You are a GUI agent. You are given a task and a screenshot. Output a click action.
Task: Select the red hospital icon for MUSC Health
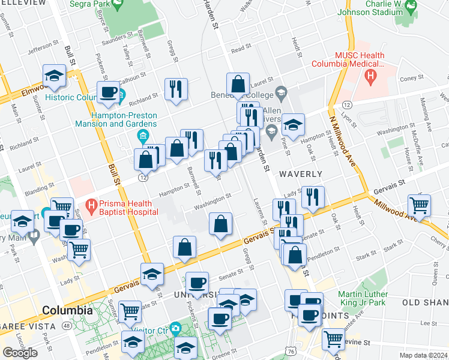pos(370,77)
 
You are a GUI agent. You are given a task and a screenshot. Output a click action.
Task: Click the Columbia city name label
pos(67,311)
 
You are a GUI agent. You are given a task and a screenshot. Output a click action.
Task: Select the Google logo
pos(20,353)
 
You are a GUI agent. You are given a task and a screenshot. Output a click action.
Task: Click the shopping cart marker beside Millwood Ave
pos(419,205)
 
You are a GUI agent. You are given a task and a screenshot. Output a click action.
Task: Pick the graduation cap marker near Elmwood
pos(54,76)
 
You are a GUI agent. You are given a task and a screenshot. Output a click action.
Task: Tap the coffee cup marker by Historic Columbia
pos(108,92)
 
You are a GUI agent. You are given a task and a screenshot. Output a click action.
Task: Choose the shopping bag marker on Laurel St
pos(238,85)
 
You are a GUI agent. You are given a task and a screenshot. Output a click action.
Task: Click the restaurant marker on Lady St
pos(313,197)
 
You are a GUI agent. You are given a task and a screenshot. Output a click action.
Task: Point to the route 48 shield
pos(65,326)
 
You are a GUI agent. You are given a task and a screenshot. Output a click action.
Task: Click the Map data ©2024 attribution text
pos(423,355)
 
